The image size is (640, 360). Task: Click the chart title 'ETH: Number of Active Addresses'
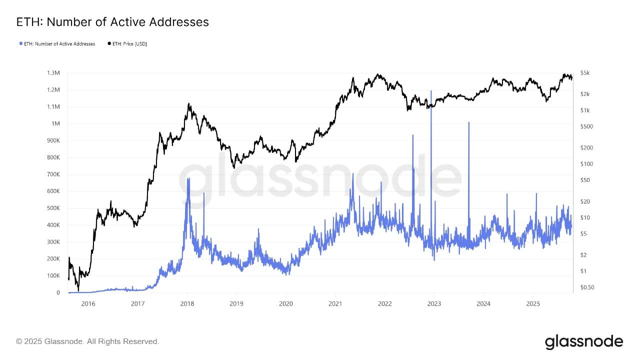[112, 22]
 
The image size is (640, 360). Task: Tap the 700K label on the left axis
[53, 174]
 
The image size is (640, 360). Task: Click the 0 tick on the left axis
[58, 292]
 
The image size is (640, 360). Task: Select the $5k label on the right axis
[585, 73]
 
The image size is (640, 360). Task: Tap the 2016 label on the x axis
[88, 303]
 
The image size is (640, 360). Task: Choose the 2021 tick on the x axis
[335, 303]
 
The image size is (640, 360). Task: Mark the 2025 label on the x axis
[533, 303]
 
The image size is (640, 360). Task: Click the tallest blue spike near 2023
[431, 91]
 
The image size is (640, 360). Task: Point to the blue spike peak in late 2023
[468, 122]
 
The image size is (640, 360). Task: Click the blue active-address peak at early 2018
[188, 178]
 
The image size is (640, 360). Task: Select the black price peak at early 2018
[188, 104]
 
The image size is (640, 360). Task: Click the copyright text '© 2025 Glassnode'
[87, 341]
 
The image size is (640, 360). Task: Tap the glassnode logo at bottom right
[583, 342]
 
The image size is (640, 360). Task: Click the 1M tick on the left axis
[55, 124]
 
